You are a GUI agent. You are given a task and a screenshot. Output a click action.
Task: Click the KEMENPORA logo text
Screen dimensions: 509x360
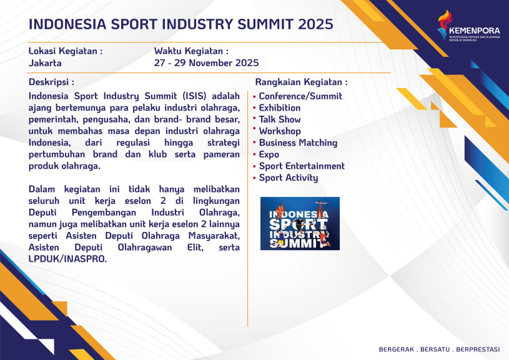tap(474, 31)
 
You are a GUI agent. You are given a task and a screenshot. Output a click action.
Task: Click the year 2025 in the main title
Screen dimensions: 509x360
tap(315, 24)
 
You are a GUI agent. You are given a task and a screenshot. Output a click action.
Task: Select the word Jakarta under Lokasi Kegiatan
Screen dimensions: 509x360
tap(45, 62)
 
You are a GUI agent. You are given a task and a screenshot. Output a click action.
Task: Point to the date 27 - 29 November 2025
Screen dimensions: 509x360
tap(207, 62)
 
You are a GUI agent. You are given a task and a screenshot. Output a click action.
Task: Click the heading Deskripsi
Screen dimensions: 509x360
tap(51, 82)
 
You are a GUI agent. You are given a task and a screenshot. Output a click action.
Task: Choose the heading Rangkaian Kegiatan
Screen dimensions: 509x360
tap(301, 82)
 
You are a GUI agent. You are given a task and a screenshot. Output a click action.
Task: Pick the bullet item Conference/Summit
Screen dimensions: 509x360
tap(300, 96)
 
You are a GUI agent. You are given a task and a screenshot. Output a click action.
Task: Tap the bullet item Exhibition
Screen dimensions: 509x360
tap(280, 108)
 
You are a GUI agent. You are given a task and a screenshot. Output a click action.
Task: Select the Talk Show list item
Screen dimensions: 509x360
tap(280, 119)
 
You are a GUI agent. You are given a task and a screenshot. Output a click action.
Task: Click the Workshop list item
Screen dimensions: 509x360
tap(280, 131)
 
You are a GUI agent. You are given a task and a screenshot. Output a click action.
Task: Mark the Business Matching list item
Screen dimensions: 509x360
tap(298, 143)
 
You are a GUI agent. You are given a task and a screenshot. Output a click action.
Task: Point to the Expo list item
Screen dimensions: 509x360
tap(269, 154)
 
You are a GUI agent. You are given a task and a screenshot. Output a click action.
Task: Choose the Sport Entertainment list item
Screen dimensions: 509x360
tap(302, 166)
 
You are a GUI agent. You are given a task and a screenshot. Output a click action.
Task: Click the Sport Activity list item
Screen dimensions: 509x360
tap(289, 177)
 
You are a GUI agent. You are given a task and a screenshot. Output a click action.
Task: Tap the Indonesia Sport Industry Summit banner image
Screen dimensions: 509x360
tap(300, 224)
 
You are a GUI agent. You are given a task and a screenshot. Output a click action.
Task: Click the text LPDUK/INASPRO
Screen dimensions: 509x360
tap(67, 259)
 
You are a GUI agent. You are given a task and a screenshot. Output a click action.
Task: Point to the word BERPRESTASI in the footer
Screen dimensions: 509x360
tap(478, 349)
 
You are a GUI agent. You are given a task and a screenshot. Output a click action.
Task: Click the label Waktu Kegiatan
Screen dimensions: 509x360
tap(191, 51)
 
